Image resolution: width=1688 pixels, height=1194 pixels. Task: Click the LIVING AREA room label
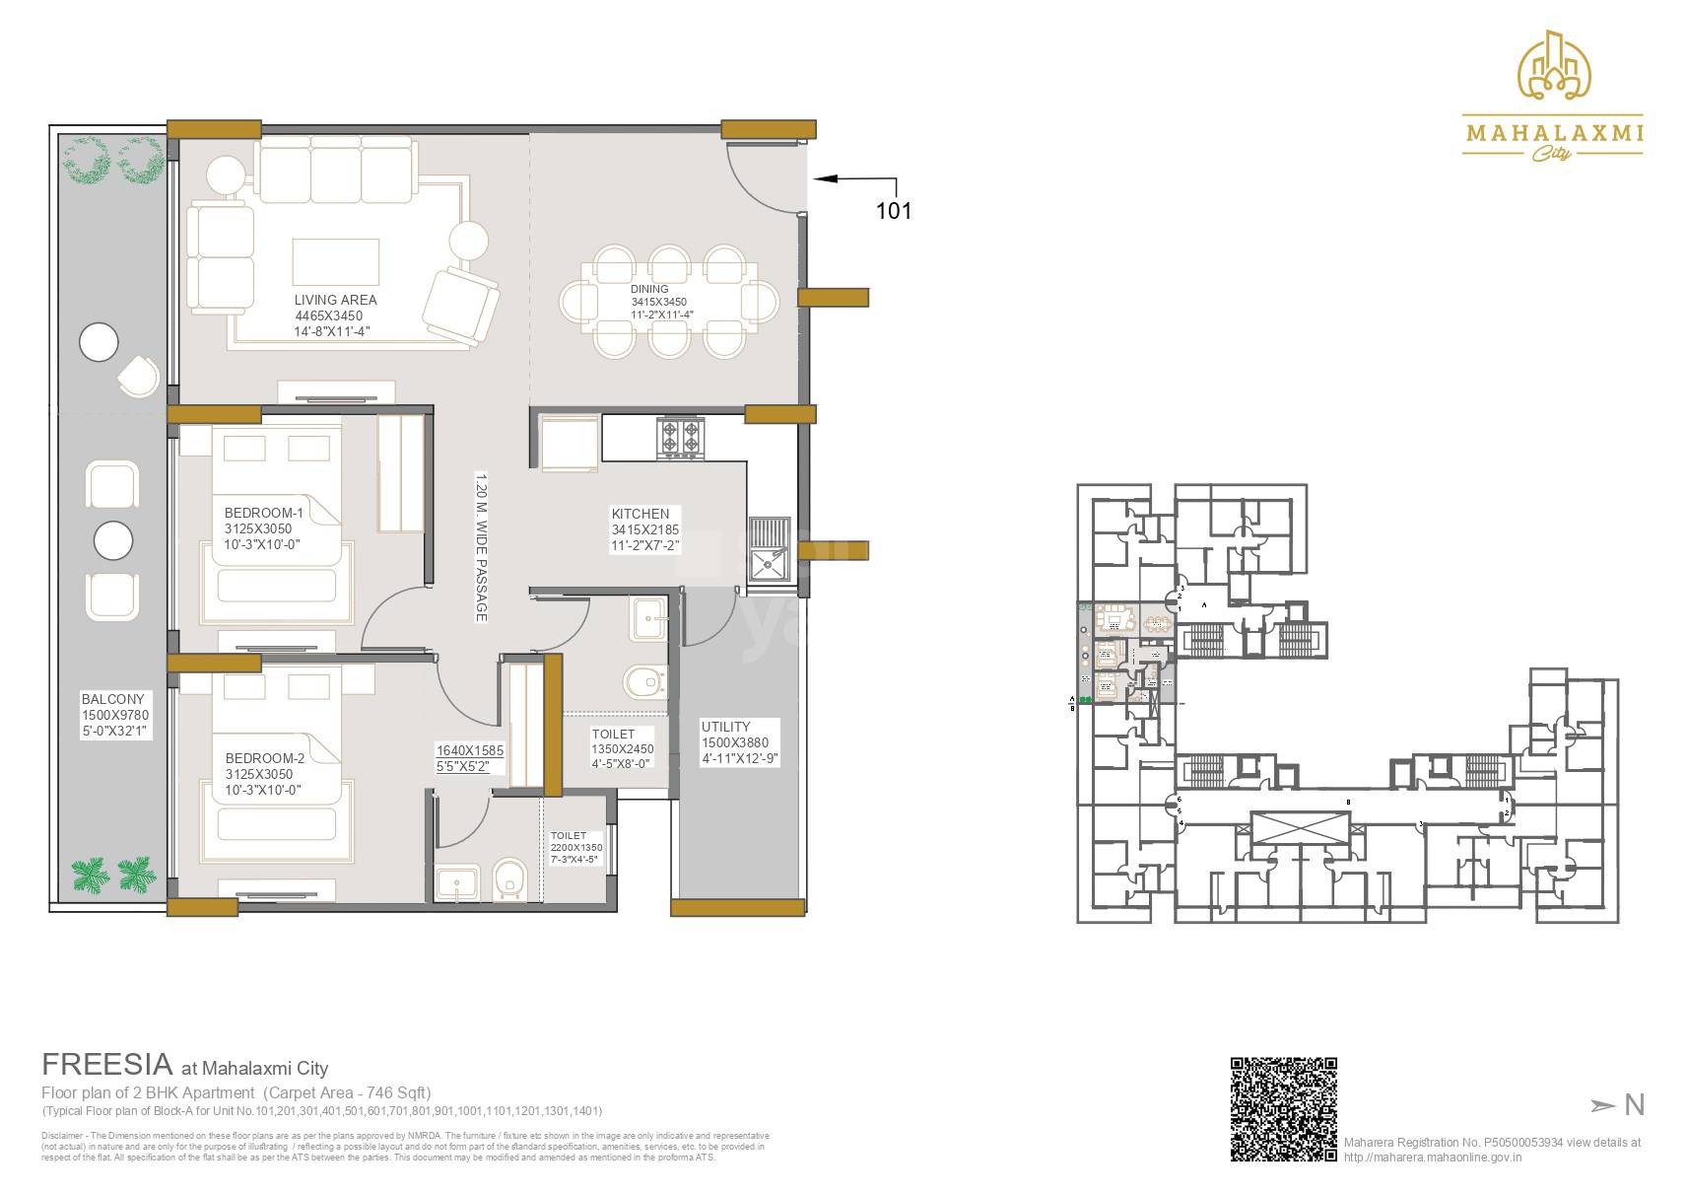335,300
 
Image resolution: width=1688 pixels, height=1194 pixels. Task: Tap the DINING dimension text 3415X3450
658,302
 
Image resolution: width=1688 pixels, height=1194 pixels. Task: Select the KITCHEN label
640,514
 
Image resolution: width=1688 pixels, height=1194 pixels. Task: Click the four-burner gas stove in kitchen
682,438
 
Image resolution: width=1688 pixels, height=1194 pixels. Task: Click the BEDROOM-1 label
263,513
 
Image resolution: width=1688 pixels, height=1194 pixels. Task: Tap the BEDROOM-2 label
264,758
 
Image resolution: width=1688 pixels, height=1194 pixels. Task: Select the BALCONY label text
112,699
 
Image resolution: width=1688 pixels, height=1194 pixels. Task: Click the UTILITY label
725,727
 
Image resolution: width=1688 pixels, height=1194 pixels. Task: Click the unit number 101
893,211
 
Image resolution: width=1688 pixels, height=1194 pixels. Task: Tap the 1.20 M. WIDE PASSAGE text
482,547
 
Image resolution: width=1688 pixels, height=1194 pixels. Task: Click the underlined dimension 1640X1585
469,750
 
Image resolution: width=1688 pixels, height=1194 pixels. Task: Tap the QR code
1283,1108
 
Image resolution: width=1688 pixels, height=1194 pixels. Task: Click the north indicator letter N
1634,1105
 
